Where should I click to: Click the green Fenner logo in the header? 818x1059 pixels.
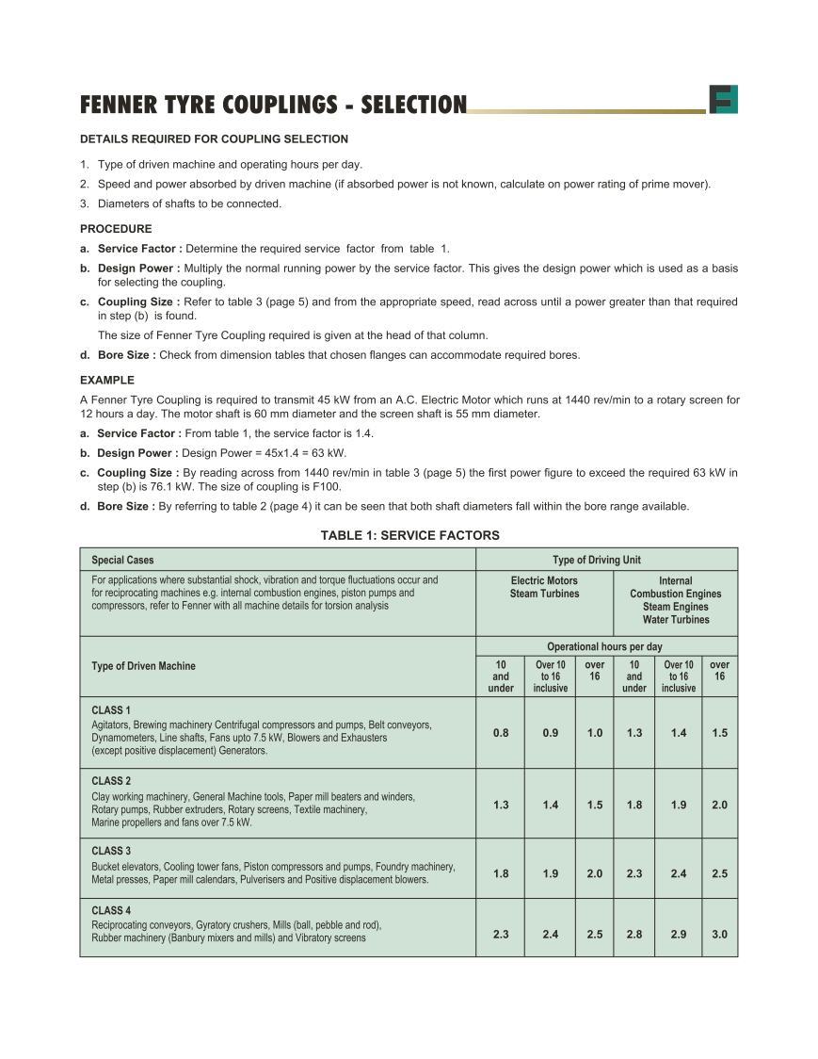tap(723, 99)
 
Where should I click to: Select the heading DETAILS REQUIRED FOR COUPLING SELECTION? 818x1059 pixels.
tap(214, 139)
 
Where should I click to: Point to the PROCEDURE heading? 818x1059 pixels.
tap(116, 229)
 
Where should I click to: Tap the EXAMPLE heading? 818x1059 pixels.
tap(107, 381)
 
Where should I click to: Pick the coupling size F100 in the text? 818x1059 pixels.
tap(326, 487)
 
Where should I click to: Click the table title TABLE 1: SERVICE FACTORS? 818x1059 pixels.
tap(409, 535)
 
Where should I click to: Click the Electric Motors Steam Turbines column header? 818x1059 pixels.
tap(544, 587)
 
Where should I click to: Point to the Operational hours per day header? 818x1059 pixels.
tap(605, 646)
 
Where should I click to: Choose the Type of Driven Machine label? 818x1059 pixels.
tap(143, 666)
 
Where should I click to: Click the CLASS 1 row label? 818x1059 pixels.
tap(111, 709)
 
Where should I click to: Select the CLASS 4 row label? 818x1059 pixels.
tap(111, 910)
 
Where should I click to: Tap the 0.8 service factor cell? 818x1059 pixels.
tap(501, 732)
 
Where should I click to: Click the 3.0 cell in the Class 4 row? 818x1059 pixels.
tap(719, 935)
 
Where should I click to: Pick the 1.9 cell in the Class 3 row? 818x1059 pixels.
tap(551, 873)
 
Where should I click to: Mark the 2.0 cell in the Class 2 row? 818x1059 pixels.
tap(719, 805)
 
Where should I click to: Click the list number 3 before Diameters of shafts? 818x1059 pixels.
tap(84, 204)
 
